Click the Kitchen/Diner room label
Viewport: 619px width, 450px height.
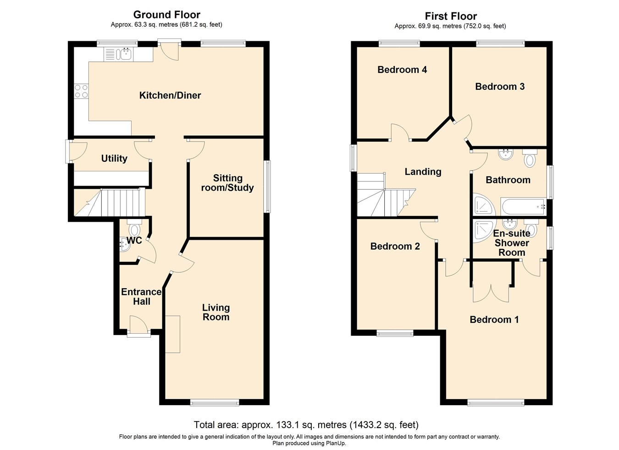pos(170,95)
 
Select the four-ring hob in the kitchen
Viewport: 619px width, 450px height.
pos(81,91)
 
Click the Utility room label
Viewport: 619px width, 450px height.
pos(114,159)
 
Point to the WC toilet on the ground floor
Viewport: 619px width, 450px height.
pos(134,228)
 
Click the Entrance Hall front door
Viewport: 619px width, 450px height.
pos(138,326)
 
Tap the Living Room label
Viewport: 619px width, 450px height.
pos(216,312)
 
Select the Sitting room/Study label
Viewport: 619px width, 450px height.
pos(227,183)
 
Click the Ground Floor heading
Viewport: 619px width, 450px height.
pos(166,15)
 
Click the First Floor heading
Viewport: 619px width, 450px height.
pos(450,16)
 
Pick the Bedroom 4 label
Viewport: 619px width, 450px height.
pos(402,70)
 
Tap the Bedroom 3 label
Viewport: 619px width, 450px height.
pos(500,87)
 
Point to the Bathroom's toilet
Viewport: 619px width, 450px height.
pos(530,158)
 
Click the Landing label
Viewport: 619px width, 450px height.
pos(423,172)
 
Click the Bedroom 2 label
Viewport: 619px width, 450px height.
pos(395,247)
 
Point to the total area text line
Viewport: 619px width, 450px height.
pos(306,425)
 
